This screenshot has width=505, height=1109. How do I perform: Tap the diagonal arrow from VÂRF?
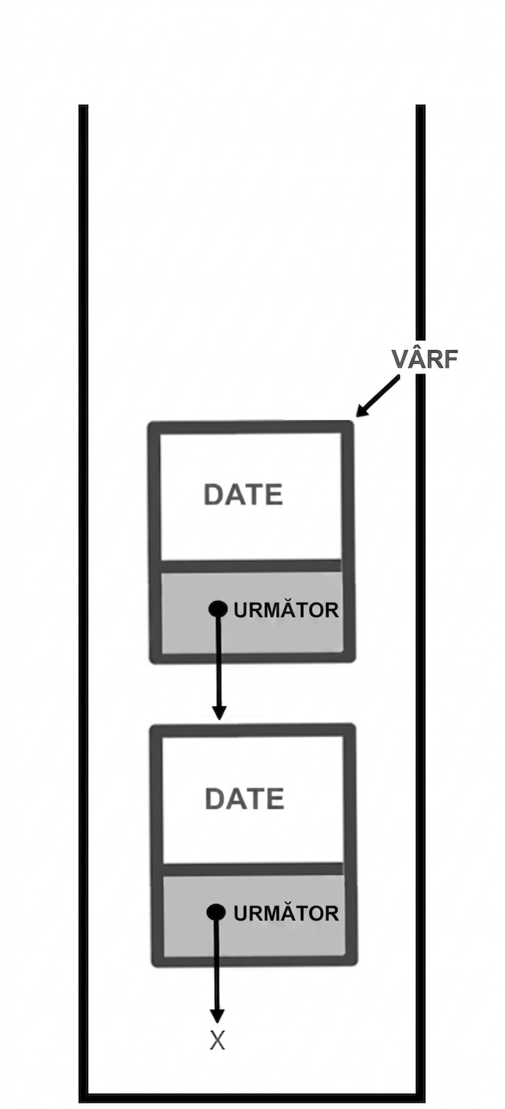(x=377, y=396)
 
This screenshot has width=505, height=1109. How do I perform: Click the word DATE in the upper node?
(x=243, y=495)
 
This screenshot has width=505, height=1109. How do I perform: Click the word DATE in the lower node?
(x=244, y=799)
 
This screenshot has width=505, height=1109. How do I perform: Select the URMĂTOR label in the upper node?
(x=286, y=610)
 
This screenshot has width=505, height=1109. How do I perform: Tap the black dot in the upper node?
(x=217, y=609)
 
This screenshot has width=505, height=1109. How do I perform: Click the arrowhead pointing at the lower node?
(x=218, y=712)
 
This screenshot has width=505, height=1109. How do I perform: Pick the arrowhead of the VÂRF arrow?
(x=361, y=410)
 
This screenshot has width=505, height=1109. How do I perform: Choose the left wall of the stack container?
(x=84, y=603)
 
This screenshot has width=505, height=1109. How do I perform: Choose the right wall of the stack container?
(x=421, y=603)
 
